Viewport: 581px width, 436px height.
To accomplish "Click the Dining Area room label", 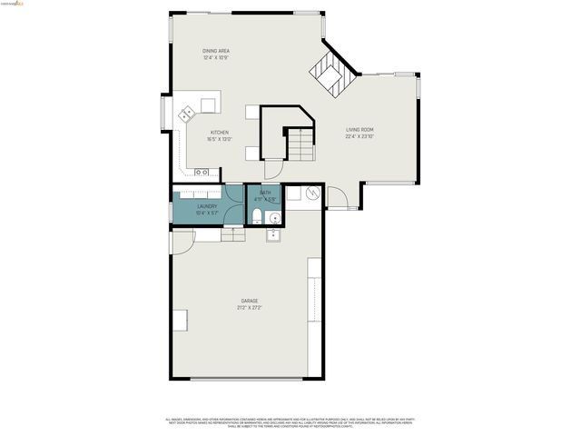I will pyautogui.click(x=215, y=51).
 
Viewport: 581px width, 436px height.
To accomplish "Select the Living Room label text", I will pyautogui.click(x=359, y=130).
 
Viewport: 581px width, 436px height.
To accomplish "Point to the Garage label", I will pyautogui.click(x=249, y=301).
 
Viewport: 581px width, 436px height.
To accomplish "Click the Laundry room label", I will pyautogui.click(x=207, y=207).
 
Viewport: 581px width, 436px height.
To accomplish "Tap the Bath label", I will pyautogui.click(x=265, y=193).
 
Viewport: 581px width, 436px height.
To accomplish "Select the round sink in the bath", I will pyautogui.click(x=273, y=219).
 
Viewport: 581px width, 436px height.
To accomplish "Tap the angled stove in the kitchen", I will pyautogui.click(x=188, y=114).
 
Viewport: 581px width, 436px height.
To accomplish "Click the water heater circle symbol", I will pyautogui.click(x=312, y=193).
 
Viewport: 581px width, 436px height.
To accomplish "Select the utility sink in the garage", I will pyautogui.click(x=272, y=235).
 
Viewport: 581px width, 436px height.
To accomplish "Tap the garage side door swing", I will pyautogui.click(x=181, y=241).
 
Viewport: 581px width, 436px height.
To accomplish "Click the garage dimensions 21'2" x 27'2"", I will pyautogui.click(x=249, y=308).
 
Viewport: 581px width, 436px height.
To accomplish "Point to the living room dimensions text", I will pyautogui.click(x=359, y=137).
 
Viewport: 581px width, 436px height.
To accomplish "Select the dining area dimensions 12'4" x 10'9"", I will pyautogui.click(x=215, y=58).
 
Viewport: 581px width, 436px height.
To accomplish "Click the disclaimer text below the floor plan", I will pyautogui.click(x=290, y=423).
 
